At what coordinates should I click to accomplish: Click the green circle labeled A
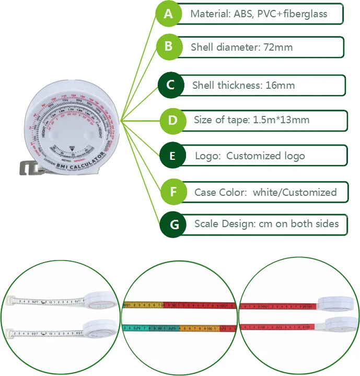[168, 14]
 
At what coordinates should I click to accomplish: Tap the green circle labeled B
[168, 46]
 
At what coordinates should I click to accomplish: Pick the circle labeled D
[172, 120]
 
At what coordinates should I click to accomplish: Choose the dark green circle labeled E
[172, 156]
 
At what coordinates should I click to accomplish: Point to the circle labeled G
[175, 225]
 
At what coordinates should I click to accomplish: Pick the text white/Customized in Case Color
[295, 192]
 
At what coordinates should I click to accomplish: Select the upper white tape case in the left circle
[99, 299]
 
